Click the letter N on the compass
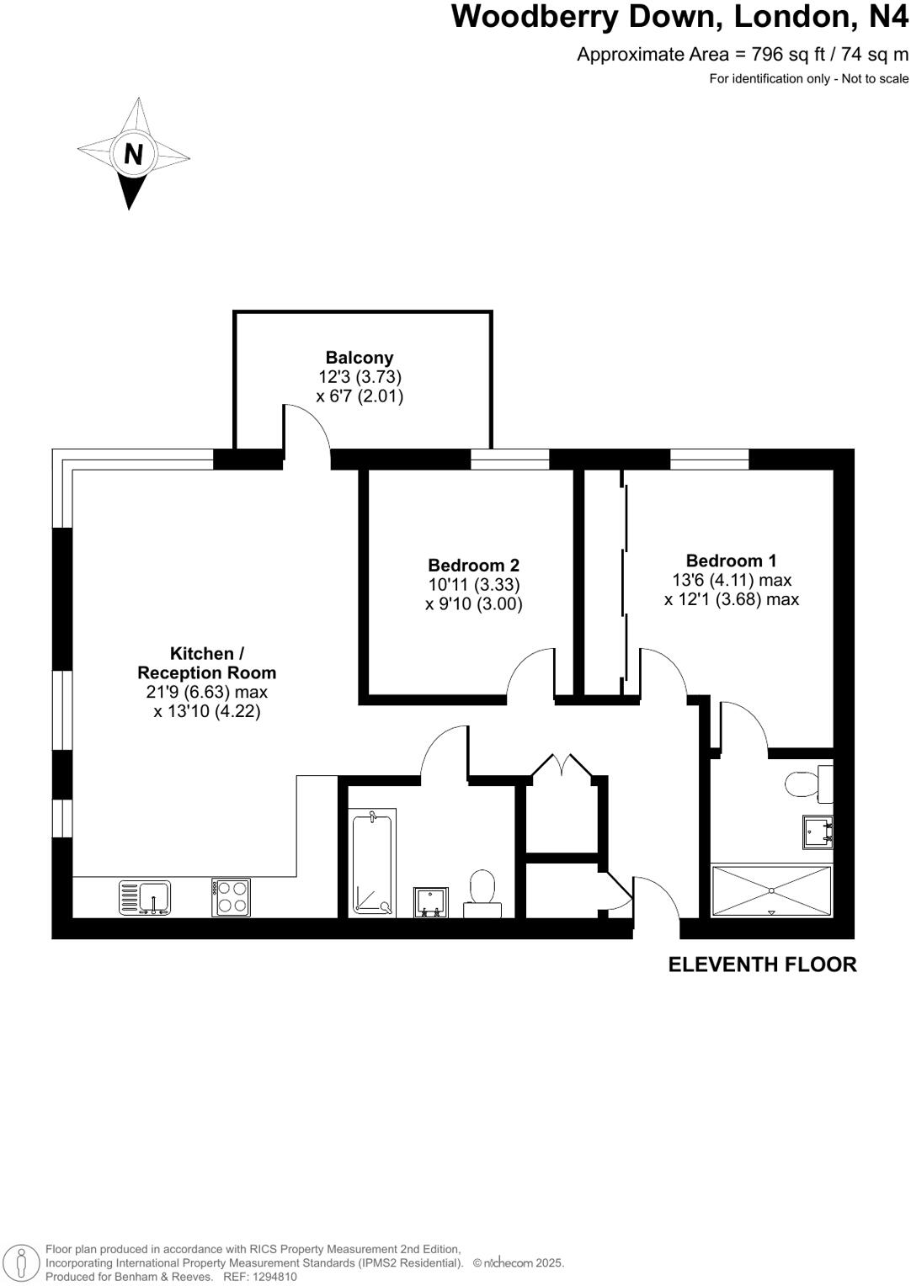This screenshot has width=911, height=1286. (133, 154)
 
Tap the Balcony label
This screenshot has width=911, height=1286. (360, 358)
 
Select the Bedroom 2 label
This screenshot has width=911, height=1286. (473, 566)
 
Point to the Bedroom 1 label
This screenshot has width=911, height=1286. (731, 561)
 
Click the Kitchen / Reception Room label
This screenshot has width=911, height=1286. (206, 663)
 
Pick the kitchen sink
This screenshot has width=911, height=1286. (146, 897)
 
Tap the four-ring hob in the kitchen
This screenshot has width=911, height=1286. (231, 897)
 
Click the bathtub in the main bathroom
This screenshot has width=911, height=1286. (371, 863)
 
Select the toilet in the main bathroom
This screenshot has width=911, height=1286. (482, 893)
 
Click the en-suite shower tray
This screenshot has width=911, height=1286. (771, 890)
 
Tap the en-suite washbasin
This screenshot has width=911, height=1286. (817, 831)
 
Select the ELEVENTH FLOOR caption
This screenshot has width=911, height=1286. (762, 964)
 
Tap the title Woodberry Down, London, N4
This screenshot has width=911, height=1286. (680, 17)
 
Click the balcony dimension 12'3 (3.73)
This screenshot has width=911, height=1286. (360, 377)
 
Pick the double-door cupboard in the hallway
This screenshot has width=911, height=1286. (561, 808)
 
